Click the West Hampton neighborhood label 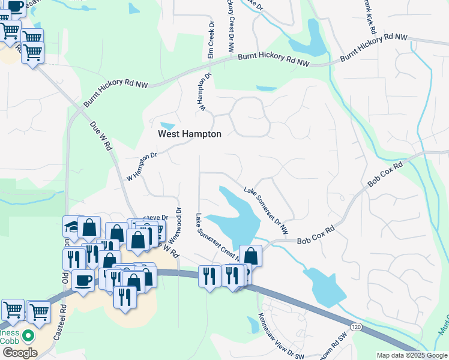pyautogui.click(x=189, y=134)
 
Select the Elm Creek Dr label pyautogui.click(x=211, y=41)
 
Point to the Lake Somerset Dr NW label pyautogui.click(x=266, y=210)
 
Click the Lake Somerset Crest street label pyautogui.click(x=215, y=236)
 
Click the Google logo pyautogui.click(x=20, y=353)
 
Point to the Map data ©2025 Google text pyautogui.click(x=411, y=355)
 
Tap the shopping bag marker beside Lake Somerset pyautogui.click(x=250, y=255)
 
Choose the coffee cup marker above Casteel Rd pyautogui.click(x=83, y=279)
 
